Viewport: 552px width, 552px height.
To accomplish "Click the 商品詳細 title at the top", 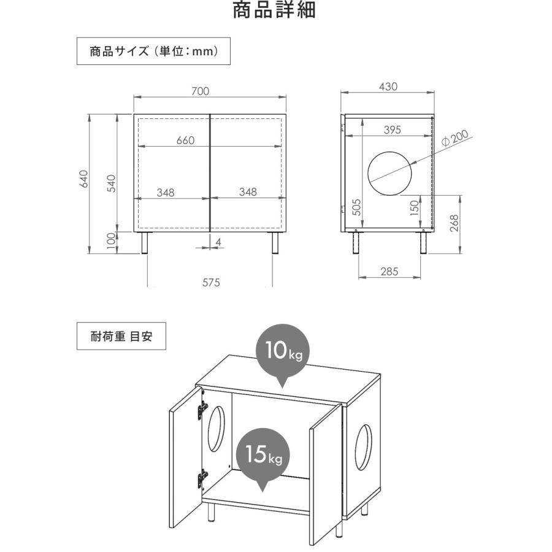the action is coord(275,10).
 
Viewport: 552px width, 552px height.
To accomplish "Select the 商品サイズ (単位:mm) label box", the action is coord(153,52).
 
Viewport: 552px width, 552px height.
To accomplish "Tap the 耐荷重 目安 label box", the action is coord(121,336).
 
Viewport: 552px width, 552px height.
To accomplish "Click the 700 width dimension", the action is coord(200,91).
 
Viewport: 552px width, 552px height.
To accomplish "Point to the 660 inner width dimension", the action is coord(185,140).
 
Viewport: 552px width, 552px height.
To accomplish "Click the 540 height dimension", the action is coord(112,183).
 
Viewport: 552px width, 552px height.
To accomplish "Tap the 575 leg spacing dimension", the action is coord(210,283).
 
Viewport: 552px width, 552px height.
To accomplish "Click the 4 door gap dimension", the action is coord(218,242).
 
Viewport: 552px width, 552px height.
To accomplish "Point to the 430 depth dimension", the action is coord(388,87).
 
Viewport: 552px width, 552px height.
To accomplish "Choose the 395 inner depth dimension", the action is coord(393,129).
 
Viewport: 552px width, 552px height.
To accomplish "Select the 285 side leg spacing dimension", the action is coord(388,270).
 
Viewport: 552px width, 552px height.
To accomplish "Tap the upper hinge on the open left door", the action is coord(201,410).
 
